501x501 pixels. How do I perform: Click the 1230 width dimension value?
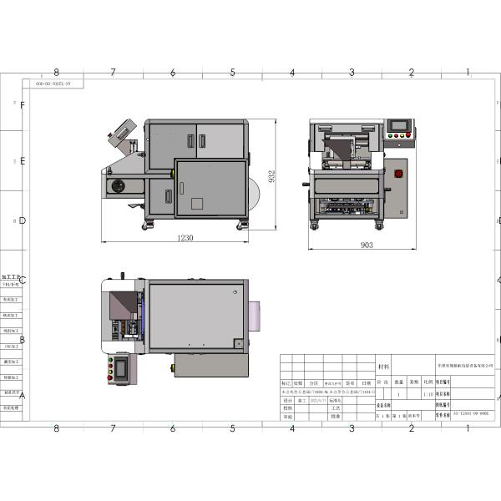185,238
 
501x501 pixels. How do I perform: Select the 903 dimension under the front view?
367,245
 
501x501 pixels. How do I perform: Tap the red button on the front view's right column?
398,174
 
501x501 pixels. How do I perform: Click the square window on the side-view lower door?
197,204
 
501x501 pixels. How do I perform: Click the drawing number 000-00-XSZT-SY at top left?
53,84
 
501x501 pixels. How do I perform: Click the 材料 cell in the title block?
384,366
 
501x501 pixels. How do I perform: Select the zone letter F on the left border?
23,105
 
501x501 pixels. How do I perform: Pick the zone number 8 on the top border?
56,73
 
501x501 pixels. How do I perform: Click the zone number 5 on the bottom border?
232,429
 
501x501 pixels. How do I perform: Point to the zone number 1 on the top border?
468,73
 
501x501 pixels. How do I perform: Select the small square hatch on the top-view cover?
238,342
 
